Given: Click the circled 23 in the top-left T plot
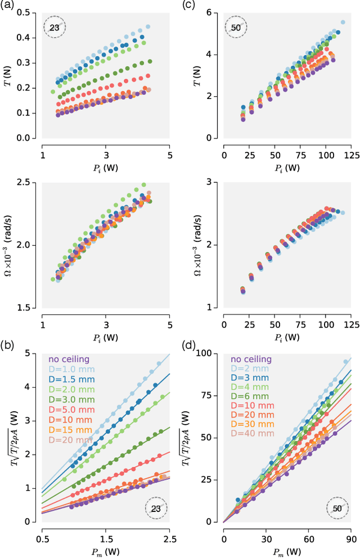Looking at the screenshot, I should pos(55,26).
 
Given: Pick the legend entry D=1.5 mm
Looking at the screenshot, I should pos(70,380).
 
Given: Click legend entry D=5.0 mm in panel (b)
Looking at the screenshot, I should pos(70,410).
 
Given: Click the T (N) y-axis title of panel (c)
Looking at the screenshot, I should pos(199,75).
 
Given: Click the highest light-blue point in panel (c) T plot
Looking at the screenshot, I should pos(343,22).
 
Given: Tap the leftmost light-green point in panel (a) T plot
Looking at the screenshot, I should pos(53,92).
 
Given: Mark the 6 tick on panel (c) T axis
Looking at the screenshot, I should pos(216,12).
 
